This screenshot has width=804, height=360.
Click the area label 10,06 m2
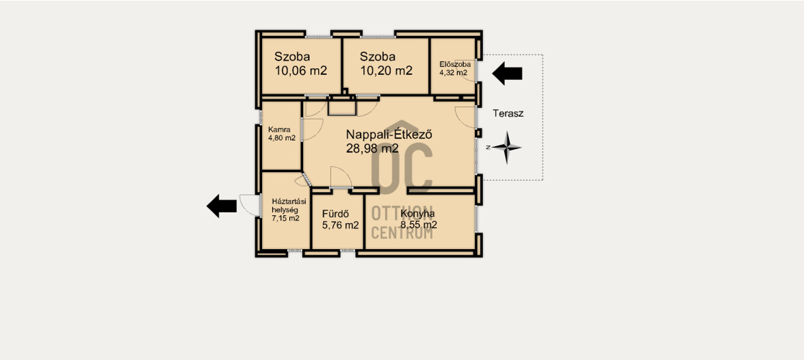[301, 71]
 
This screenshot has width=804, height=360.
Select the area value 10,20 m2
[386, 71]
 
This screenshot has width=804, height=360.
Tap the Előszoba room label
[456, 65]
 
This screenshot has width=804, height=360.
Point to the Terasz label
[508, 113]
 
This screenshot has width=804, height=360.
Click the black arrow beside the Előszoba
[507, 73]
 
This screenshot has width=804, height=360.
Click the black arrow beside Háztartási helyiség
[222, 206]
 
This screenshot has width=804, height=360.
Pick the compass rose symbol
[506, 148]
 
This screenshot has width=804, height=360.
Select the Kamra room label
[279, 130]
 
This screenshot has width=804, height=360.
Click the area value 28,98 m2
[373, 149]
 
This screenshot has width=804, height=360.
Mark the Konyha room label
[418, 214]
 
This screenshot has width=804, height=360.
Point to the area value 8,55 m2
[419, 225]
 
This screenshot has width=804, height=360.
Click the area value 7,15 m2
[286, 218]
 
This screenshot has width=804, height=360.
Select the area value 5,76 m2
[340, 225]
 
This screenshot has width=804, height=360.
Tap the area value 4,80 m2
[281, 138]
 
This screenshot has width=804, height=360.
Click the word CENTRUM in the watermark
[402, 233]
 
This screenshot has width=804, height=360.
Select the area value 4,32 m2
[453, 73]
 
